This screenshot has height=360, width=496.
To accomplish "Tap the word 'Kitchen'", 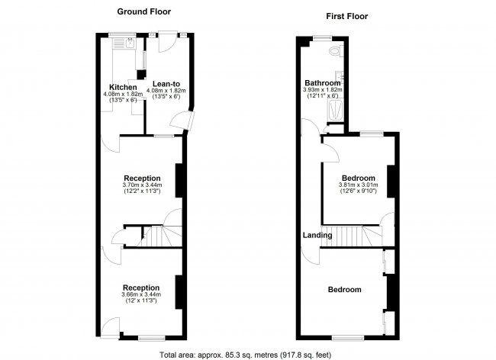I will tap(122, 87).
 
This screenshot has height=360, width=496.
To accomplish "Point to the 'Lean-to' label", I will tap(166, 84).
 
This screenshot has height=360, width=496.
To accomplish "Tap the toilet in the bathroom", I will tap(334, 52).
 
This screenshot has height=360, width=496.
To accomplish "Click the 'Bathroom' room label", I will tap(323, 82).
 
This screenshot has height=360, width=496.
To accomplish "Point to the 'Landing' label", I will tap(317, 235).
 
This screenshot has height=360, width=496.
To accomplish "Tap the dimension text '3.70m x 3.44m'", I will tap(141, 185).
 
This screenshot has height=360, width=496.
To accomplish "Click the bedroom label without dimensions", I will tap(344, 290).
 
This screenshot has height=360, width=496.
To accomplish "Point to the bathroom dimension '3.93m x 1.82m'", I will tap(323, 90).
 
